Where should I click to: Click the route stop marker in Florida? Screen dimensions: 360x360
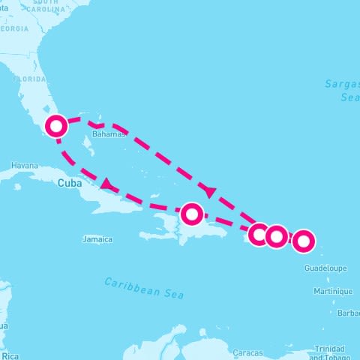coord(57,126)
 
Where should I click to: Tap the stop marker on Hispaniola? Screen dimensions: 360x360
coord(193,214)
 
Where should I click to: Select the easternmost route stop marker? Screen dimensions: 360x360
coord(303,241)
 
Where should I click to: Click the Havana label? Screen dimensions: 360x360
coord(24,165)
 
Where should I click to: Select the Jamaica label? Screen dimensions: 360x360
coord(97,240)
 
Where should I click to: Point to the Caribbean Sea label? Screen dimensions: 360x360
coord(144,287)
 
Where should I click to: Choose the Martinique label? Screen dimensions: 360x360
coord(333,291)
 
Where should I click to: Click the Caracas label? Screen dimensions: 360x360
coord(247,352)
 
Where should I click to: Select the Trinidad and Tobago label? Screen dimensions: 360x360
coord(330,352)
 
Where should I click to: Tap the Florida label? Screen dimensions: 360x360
coord(28,78)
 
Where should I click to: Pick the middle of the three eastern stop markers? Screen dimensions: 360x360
coord(277,237)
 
